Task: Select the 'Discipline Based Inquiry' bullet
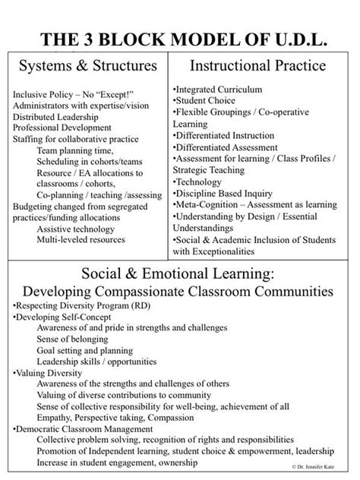(x=227, y=193)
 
